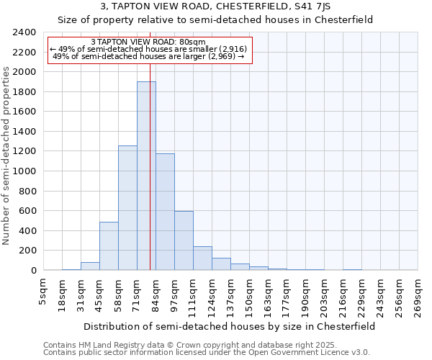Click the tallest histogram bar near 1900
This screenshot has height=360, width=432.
click(146, 176)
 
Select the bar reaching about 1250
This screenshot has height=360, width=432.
click(127, 208)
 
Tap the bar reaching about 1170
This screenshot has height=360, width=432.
click(165, 212)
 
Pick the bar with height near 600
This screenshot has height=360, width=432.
click(184, 240)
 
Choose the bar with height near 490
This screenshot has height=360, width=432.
click(109, 246)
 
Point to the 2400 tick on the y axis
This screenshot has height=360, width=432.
click(24, 32)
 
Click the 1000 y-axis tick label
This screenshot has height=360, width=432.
click(24, 171)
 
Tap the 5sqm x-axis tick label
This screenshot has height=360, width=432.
click(44, 292)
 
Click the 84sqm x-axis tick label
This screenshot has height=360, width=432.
click(156, 292)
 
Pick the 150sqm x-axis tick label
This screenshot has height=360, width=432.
click(250, 292)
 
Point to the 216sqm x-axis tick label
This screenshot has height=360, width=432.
click(343, 292)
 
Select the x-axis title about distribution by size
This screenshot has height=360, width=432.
click(229, 326)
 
